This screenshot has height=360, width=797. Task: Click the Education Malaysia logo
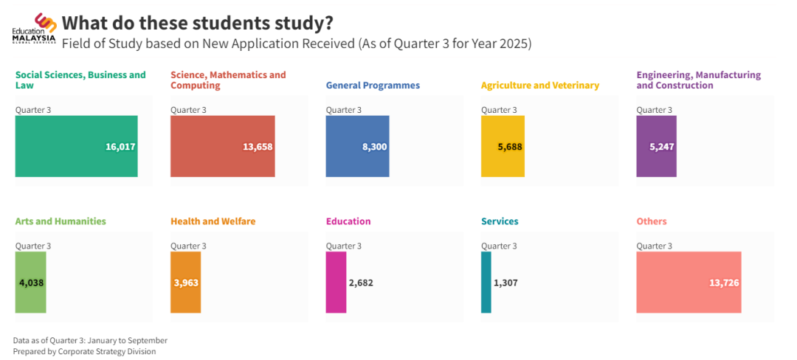tap(35, 30)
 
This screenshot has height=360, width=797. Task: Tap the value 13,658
tap(258, 147)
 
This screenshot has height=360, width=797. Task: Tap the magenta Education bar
tap(336, 282)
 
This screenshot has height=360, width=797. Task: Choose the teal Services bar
tap(486, 282)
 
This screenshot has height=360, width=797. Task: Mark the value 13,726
tap(724, 283)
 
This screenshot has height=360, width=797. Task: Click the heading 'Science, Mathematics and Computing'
tap(228, 80)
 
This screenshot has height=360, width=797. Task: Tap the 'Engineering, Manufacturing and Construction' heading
tap(698, 80)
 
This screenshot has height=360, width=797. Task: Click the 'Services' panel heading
tap(500, 221)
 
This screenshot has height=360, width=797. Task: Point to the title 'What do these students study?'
tap(197, 23)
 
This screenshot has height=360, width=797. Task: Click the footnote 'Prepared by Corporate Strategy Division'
tap(84, 351)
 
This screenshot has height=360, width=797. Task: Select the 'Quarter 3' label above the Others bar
tap(654, 246)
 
